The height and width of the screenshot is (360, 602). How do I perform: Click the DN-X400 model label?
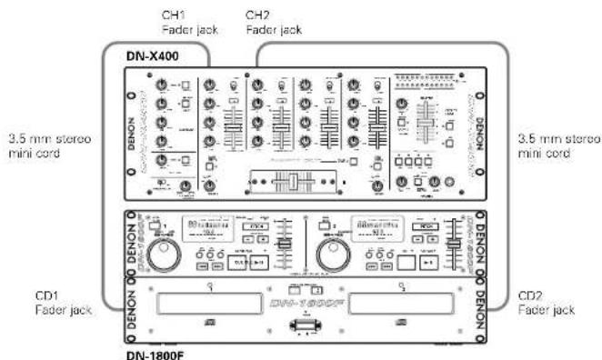[x=152, y=56]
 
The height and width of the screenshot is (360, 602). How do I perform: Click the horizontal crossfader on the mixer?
[x=293, y=182]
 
